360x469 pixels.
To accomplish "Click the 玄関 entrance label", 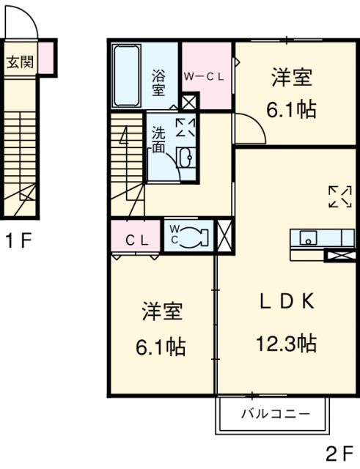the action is point(20,62).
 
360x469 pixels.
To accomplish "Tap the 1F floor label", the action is point(19,241).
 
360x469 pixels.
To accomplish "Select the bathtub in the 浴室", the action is point(127,76).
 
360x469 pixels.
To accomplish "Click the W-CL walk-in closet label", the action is point(204,77).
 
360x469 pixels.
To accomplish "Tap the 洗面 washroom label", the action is point(158,140).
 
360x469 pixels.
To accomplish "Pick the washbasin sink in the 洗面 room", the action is point(185,157).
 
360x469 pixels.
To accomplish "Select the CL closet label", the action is point(136,240).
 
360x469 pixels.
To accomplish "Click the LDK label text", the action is point(287,301).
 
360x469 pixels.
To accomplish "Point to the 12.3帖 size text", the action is point(287,344).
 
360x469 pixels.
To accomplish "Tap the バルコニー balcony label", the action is point(276,414).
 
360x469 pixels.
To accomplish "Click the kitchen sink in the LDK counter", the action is point(309,237).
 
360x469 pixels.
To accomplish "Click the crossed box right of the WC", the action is point(224,236).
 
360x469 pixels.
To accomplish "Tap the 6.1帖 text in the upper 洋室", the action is point(292,110).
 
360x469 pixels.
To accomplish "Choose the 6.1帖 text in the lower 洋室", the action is point(161,347).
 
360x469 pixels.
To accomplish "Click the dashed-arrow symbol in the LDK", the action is point(340,196).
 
